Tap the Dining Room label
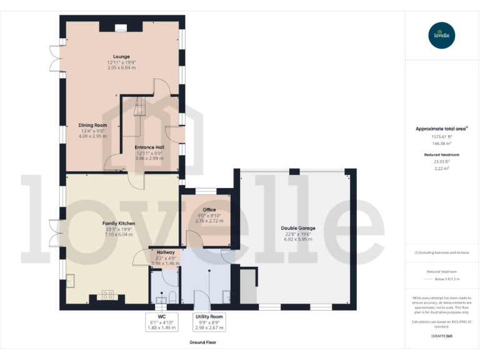click(92, 125)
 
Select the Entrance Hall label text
click(150, 147)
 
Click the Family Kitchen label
click(119, 223)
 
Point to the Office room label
click(209, 209)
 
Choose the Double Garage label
click(297, 228)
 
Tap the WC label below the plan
click(161, 317)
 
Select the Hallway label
click(166, 252)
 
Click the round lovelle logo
click(442, 35)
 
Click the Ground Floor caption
click(203, 342)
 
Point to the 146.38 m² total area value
click(442, 143)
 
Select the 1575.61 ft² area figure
click(442, 136)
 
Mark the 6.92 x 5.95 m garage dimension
click(297, 239)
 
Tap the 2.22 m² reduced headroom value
click(442, 167)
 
